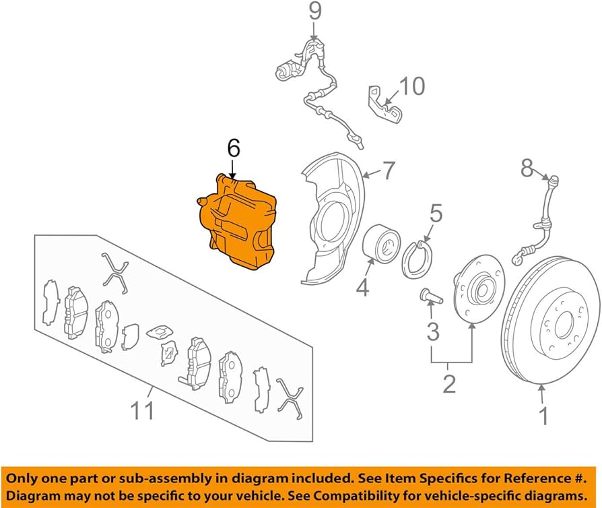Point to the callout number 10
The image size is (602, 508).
413,86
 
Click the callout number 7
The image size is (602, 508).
390,171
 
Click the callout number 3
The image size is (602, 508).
432,331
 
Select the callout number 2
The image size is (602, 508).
448,383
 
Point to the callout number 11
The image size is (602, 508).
143,409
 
